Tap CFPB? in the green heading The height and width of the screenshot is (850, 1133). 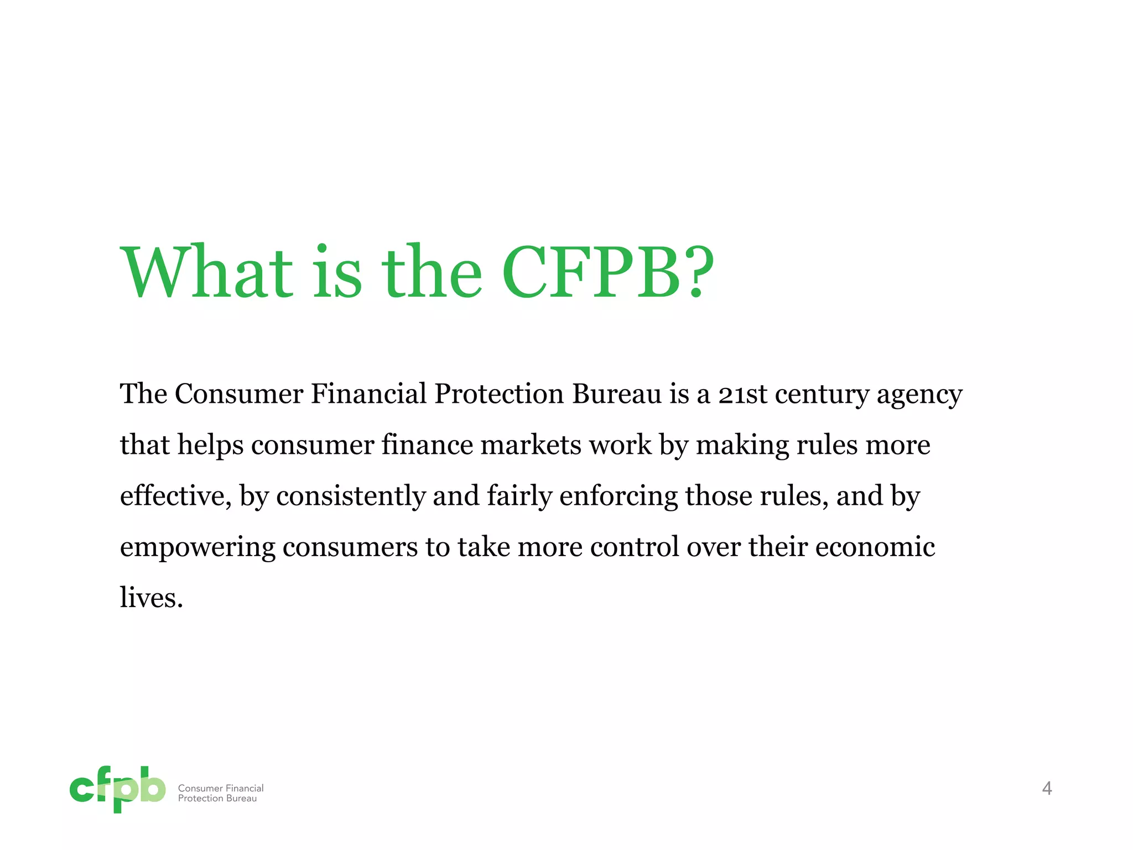point(608,273)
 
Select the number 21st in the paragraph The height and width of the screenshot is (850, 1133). point(742,394)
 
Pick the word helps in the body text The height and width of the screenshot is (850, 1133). point(210,445)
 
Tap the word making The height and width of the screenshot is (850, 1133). point(742,446)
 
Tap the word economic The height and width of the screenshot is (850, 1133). point(875,547)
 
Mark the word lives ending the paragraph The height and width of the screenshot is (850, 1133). point(151,598)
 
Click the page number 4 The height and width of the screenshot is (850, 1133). point(1047,788)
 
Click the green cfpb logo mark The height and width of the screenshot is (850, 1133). point(117,789)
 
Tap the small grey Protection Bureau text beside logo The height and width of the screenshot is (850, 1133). point(217,799)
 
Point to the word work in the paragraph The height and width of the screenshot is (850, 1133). point(620,445)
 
